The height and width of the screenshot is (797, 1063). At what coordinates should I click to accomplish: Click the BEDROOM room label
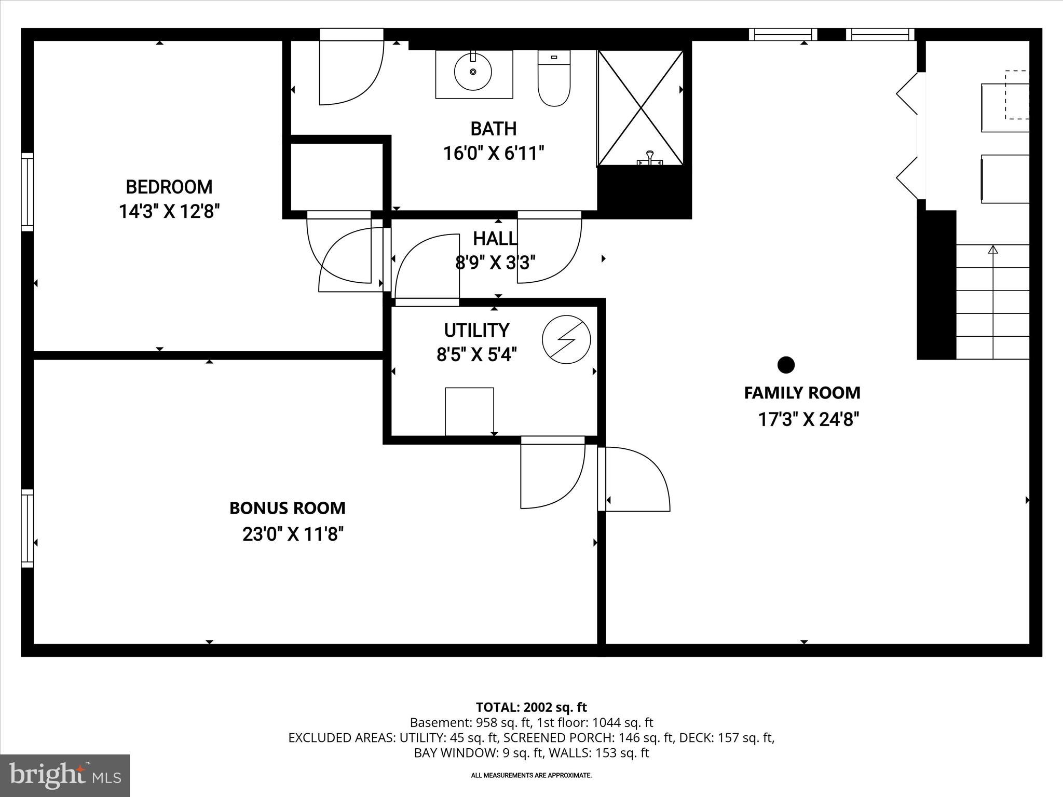click(169, 187)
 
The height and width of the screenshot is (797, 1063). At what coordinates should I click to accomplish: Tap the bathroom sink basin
click(473, 72)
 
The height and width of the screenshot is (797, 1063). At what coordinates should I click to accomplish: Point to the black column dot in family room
click(786, 365)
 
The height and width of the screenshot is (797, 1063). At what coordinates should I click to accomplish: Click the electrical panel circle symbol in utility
click(566, 339)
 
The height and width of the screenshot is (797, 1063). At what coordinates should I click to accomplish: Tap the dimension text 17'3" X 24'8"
click(809, 419)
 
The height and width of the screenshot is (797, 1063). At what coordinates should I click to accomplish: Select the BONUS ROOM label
click(287, 508)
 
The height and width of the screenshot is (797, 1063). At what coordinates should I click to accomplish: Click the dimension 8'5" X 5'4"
click(476, 355)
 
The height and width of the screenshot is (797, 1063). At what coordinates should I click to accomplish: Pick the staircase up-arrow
click(993, 250)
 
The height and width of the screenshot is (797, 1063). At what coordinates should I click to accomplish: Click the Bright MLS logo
click(65, 775)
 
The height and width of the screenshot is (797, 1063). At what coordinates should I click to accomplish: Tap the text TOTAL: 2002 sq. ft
click(531, 707)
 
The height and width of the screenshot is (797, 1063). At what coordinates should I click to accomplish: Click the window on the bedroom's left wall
click(27, 192)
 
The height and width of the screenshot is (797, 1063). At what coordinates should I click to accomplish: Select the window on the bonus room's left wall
click(27, 528)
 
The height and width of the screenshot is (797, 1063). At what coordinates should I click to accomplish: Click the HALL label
click(495, 239)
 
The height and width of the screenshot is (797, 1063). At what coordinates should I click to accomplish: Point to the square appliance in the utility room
click(469, 411)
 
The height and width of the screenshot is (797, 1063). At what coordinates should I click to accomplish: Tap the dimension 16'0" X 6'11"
click(493, 154)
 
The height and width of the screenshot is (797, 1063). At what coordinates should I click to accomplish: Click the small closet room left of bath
click(336, 176)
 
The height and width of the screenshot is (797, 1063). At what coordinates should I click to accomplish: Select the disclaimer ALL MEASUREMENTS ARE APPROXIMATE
click(531, 775)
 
